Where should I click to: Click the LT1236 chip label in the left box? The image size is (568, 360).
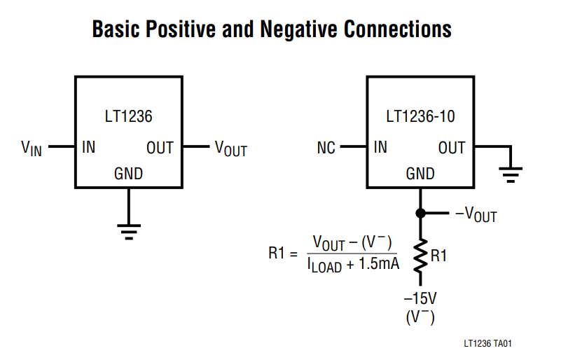point(127,116)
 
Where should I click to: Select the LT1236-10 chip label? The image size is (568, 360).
point(420,116)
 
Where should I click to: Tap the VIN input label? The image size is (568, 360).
point(32,148)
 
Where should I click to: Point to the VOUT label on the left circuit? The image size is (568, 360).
point(231,148)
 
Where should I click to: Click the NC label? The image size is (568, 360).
point(326,148)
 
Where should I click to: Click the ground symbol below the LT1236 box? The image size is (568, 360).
point(128,231)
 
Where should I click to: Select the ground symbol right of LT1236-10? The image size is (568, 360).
point(512,174)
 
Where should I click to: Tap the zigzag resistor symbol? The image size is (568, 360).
point(420,256)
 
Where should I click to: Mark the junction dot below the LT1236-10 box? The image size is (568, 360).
point(420,213)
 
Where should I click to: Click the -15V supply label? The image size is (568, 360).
point(420,298)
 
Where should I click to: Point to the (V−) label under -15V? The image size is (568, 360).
point(420,317)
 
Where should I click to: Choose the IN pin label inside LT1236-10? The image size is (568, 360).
point(380,148)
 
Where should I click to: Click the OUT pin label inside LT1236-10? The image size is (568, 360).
point(452,148)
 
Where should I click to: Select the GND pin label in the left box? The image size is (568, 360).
point(128,174)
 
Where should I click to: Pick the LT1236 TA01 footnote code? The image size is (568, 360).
point(488,344)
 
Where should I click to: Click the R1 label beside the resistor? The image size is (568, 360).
point(439,256)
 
